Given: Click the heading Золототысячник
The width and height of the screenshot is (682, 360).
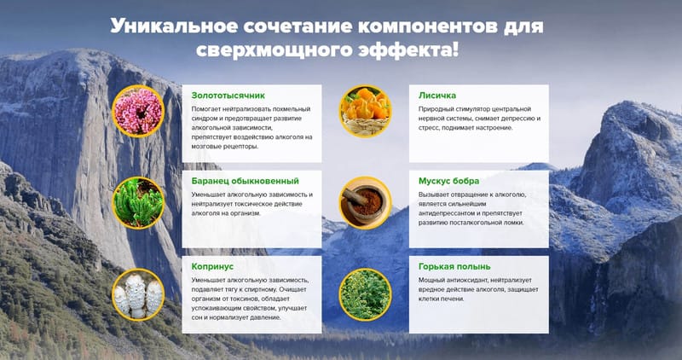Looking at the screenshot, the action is pos(228,96).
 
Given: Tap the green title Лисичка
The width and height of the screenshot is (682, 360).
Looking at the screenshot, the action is pos(437,96).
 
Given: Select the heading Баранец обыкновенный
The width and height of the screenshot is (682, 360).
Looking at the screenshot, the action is pos(246,181).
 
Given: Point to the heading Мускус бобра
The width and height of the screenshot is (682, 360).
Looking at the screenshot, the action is pos(449,181).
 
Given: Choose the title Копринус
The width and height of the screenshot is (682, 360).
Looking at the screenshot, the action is pos(212,266).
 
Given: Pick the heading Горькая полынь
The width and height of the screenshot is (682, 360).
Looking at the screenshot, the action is pos(454,266).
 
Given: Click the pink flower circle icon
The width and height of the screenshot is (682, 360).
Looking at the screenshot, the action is pos(138,111).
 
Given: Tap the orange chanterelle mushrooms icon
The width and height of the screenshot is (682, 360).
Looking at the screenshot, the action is pos(366,111).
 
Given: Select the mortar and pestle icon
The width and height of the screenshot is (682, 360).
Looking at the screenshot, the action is pos(366,203).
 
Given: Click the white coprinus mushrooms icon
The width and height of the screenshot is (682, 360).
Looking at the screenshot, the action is pos(138,294).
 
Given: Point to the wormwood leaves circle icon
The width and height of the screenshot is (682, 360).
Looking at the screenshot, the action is pos(366,294).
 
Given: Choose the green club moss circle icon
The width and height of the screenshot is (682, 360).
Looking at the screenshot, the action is pos(138,203).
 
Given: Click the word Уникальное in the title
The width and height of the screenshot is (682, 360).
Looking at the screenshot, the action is pos(174,26).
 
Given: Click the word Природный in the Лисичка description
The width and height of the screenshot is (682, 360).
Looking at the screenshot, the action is pos(434,109).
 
